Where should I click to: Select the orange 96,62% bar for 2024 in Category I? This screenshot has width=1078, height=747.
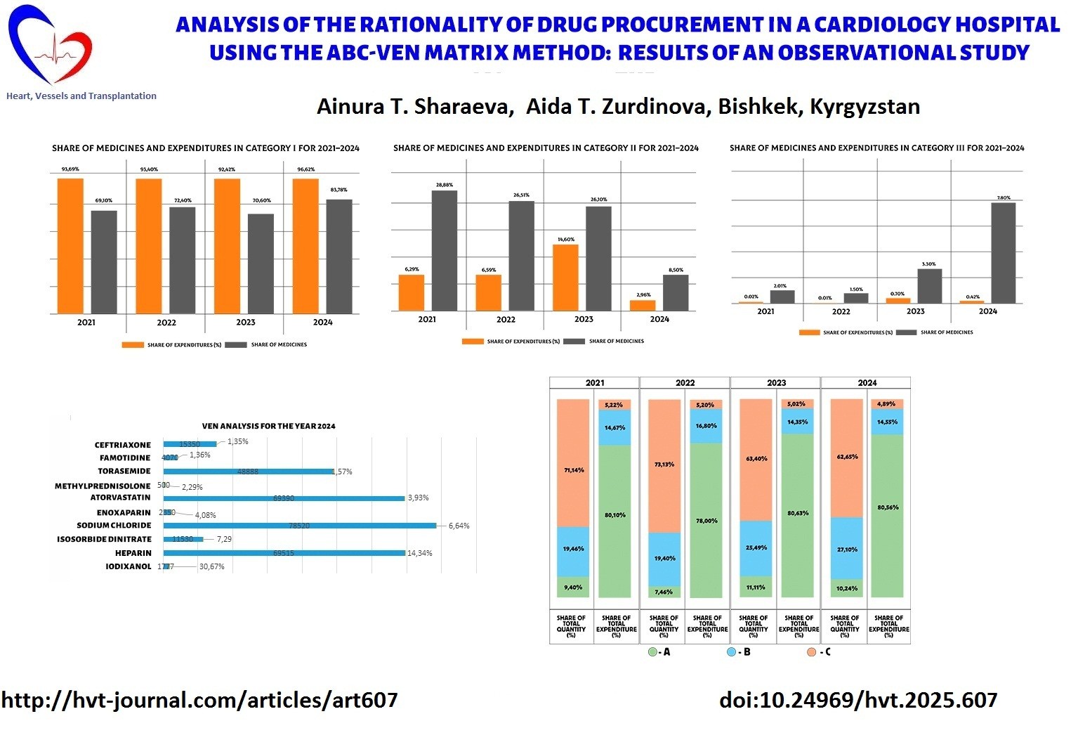pyautogui.click(x=305, y=246)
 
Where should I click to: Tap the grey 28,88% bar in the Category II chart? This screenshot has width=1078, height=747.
pyautogui.click(x=444, y=250)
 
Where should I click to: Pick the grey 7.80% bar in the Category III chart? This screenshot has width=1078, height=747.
pyautogui.click(x=1003, y=252)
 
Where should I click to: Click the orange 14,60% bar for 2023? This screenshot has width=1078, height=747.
pyautogui.click(x=565, y=277)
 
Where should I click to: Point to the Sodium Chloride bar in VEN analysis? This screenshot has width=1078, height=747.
pyautogui.click(x=299, y=526)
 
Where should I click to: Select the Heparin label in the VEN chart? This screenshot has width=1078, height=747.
pyautogui.click(x=133, y=553)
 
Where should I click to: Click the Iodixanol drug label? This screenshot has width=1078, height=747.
pyautogui.click(x=129, y=566)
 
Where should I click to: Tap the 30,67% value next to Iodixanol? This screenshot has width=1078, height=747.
pyautogui.click(x=211, y=566)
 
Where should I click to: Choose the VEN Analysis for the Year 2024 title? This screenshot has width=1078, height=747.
pyautogui.click(x=268, y=426)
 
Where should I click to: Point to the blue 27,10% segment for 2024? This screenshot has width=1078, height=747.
pyautogui.click(x=846, y=548)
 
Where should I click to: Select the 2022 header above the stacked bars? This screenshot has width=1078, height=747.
pyautogui.click(x=685, y=383)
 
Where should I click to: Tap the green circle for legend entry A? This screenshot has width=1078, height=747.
pyautogui.click(x=652, y=652)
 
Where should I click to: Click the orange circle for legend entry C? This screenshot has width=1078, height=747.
pyautogui.click(x=811, y=652)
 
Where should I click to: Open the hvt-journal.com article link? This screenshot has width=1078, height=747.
pyautogui.click(x=199, y=700)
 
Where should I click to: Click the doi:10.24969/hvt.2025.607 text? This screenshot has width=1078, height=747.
pyautogui.click(x=858, y=700)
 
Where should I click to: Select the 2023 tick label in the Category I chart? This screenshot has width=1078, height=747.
pyautogui.click(x=246, y=323)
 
